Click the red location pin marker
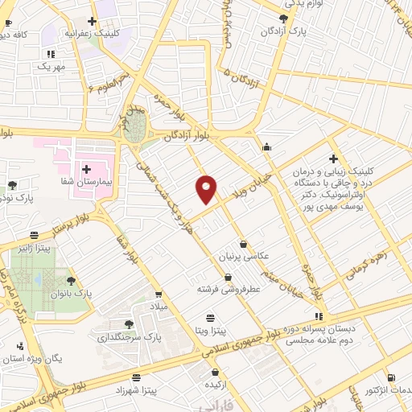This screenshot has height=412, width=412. click(207, 188)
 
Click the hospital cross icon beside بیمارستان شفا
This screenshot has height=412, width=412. click(86, 168)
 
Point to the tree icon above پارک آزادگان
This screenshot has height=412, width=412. click(282, 18)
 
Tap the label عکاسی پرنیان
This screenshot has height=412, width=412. click(241, 257)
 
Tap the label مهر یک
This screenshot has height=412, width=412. click(48, 67)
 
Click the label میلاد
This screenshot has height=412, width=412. click(158, 306)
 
